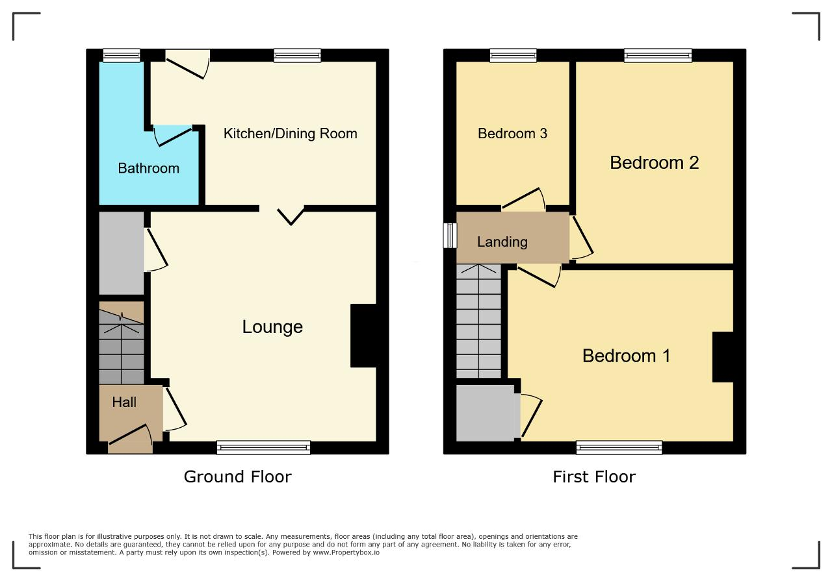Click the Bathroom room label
(149, 168)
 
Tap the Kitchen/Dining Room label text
(290, 134)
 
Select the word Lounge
(272, 327)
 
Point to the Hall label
(124, 402)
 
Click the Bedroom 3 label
(512, 134)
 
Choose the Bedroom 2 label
(654, 162)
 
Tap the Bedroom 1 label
(626, 356)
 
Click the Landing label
(502, 242)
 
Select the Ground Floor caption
(238, 476)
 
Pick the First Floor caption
(594, 476)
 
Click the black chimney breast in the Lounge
(363, 336)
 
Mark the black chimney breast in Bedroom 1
(723, 357)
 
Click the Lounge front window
(263, 447)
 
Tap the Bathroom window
(122, 55)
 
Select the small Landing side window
(450, 235)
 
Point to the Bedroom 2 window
(658, 55)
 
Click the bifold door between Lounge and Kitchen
(291, 217)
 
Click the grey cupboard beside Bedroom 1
(486, 413)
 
